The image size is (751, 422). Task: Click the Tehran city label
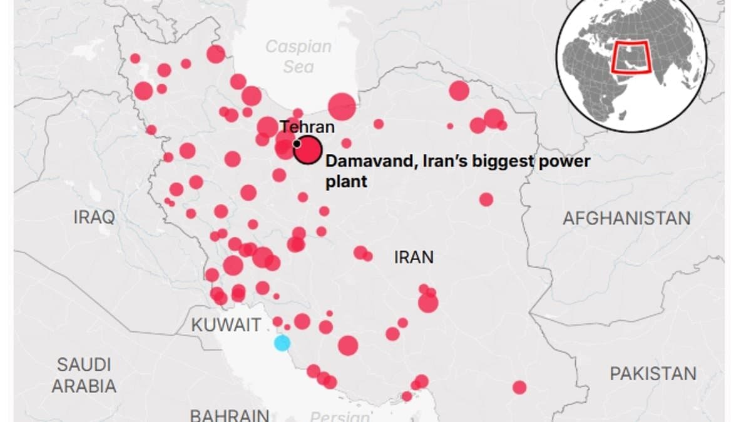click(307, 127)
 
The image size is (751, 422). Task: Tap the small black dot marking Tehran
click(296, 143)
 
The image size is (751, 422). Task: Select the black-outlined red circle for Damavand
click(307, 151)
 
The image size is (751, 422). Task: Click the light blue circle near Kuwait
click(282, 343)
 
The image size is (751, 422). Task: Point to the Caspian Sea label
click(298, 56)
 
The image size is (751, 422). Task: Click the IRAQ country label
click(94, 218)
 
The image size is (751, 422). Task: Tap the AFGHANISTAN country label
click(626, 218)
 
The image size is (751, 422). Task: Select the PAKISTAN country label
click(653, 374)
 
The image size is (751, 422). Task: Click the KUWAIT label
click(226, 325)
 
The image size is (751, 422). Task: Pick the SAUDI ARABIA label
click(84, 375)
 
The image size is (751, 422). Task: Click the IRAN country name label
click(414, 257)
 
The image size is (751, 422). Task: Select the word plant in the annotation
click(346, 182)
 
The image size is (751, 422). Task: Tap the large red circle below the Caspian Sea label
click(342, 106)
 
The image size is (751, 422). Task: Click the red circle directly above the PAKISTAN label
click(519, 388)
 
